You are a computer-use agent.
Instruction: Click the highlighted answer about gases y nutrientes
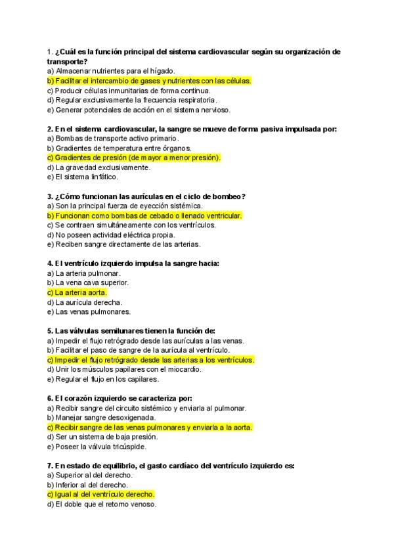pos(149,81)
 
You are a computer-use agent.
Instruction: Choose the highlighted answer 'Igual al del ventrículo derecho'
pos(100,494)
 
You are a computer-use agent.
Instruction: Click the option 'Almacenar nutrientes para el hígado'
pos(111,71)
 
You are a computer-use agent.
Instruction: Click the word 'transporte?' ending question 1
pos(67,61)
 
